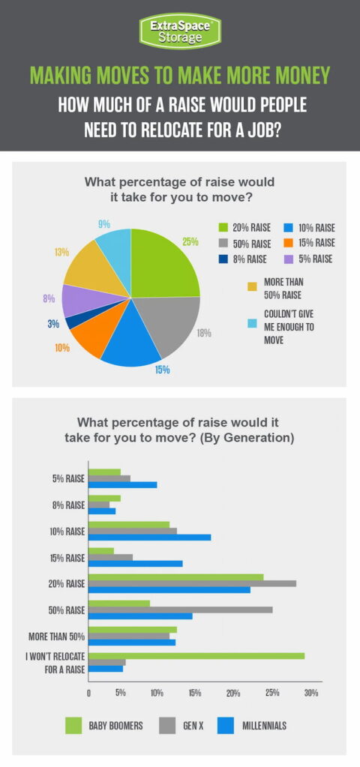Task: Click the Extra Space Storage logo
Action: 180,31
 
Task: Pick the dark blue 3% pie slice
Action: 73,322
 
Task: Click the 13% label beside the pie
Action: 61,252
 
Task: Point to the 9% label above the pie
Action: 104,223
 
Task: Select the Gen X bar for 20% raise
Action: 192,583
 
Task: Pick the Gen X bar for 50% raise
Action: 180,610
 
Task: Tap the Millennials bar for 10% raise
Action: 149,538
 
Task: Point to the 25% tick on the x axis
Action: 272,693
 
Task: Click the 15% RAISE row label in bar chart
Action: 64,557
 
